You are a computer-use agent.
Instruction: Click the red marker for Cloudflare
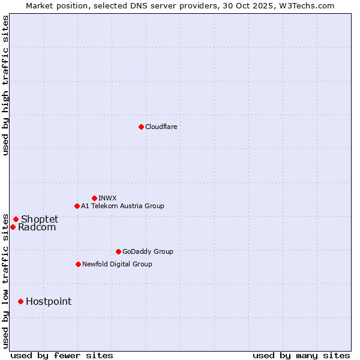(x=141, y=127)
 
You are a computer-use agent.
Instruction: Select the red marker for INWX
(x=94, y=198)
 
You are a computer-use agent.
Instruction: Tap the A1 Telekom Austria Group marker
(x=77, y=206)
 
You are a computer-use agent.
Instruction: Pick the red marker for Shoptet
(x=16, y=219)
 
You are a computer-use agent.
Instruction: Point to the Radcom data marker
(x=13, y=227)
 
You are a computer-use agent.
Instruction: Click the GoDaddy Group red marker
(x=118, y=251)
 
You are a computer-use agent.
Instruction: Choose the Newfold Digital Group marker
(x=78, y=264)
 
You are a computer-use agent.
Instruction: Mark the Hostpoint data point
(x=20, y=301)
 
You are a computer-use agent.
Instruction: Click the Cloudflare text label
(x=161, y=127)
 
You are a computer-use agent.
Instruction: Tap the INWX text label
(x=108, y=198)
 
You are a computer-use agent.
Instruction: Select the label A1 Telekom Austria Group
(x=122, y=206)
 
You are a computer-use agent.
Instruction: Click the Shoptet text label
(x=40, y=219)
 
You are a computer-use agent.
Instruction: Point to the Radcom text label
(x=37, y=227)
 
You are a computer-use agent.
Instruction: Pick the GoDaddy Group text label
(x=148, y=251)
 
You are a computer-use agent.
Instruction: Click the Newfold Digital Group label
(x=117, y=264)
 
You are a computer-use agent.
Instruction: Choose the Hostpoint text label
(x=49, y=301)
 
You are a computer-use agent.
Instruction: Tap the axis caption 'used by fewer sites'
(x=62, y=355)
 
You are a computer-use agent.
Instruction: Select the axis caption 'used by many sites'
(x=301, y=355)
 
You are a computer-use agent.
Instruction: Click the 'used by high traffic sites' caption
(x=5, y=85)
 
